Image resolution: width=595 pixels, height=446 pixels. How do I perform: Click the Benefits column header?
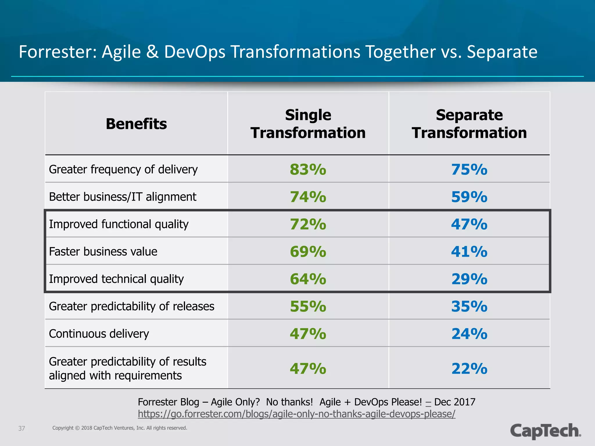(136, 124)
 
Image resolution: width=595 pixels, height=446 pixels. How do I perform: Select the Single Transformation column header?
(308, 124)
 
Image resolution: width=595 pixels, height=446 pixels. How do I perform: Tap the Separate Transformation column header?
(469, 124)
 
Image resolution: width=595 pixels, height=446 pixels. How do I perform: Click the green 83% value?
(308, 170)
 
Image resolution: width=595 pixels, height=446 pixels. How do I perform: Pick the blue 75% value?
(469, 170)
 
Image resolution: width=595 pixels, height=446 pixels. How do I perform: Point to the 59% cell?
(469, 197)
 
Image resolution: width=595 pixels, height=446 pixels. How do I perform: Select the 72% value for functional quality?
(308, 224)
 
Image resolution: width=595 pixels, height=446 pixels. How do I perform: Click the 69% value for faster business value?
(308, 251)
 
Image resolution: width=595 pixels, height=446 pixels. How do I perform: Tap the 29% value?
(469, 279)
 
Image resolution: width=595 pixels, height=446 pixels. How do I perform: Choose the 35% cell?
(469, 306)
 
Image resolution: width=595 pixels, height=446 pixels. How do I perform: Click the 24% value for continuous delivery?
(469, 334)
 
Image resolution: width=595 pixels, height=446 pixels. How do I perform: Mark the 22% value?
(469, 369)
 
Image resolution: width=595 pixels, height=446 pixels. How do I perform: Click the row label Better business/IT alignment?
(123, 197)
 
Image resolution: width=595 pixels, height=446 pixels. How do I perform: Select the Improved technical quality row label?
(116, 279)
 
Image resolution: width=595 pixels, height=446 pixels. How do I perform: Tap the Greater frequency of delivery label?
(123, 170)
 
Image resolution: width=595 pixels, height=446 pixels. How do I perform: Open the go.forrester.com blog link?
(296, 414)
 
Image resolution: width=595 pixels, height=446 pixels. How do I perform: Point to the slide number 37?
(22, 428)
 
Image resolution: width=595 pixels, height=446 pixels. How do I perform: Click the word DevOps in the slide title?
(195, 52)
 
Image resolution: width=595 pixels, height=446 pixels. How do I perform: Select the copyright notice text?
(120, 428)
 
